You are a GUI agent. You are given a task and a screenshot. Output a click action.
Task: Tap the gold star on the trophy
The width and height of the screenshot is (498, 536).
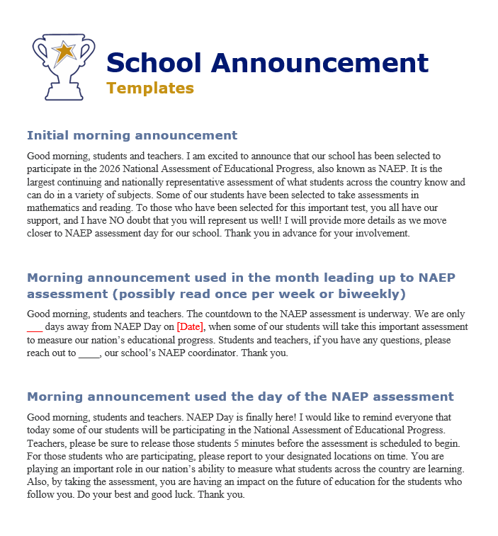click(64, 51)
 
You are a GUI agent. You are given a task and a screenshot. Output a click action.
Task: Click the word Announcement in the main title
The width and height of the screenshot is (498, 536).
click(319, 63)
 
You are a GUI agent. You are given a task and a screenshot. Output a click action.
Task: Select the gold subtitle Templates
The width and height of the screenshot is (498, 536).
click(149, 88)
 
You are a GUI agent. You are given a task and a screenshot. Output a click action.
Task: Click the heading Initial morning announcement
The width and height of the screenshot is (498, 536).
click(132, 135)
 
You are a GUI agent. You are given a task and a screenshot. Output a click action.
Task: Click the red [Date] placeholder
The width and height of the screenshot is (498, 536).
click(190, 327)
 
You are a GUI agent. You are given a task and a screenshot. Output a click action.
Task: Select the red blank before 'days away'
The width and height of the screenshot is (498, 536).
click(35, 327)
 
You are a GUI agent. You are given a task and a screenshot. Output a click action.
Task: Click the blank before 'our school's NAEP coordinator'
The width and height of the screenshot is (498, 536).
click(89, 353)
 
